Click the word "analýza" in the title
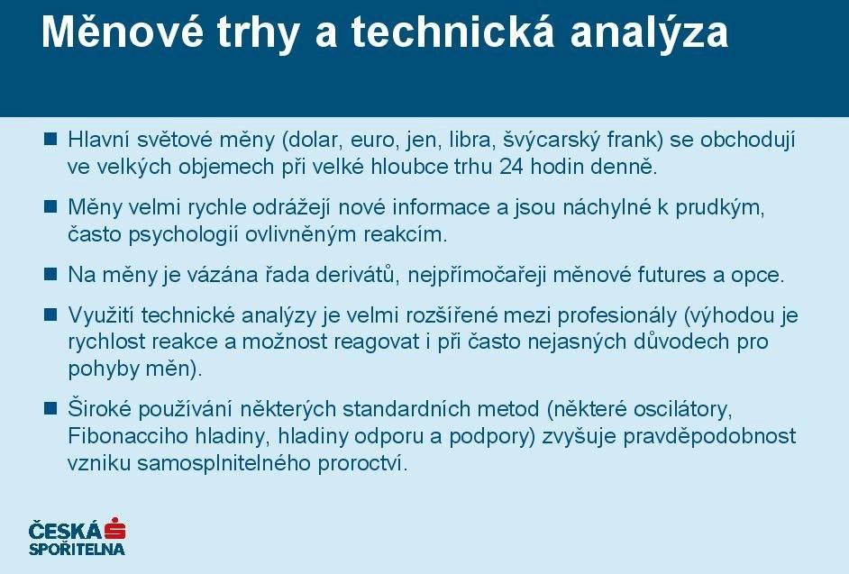649,33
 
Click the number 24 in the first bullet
511,167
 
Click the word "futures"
672,275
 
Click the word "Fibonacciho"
128,436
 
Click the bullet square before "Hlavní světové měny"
50,139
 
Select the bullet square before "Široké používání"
50,408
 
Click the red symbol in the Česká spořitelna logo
115,529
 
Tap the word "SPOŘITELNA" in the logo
77,549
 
